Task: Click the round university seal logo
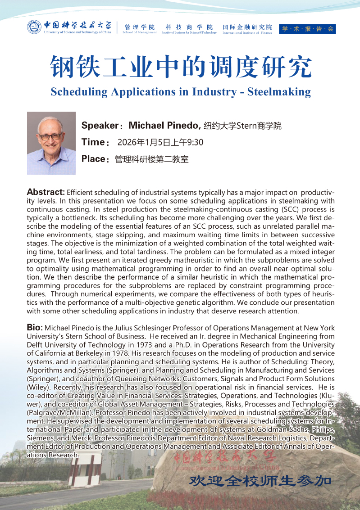tap(34, 27)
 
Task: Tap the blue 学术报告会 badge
tap(307, 29)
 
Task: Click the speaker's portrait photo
tap(51, 143)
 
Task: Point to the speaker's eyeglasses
tap(50, 135)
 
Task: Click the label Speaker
tap(100, 126)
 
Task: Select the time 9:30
tap(194, 143)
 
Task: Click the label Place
tap(94, 159)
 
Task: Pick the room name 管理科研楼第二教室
tap(151, 159)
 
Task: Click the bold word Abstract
tap(46, 192)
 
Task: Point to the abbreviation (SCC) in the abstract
tap(281, 209)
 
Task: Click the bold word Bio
tap(35, 327)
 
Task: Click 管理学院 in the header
tap(140, 27)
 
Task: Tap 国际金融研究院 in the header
tap(247, 27)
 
